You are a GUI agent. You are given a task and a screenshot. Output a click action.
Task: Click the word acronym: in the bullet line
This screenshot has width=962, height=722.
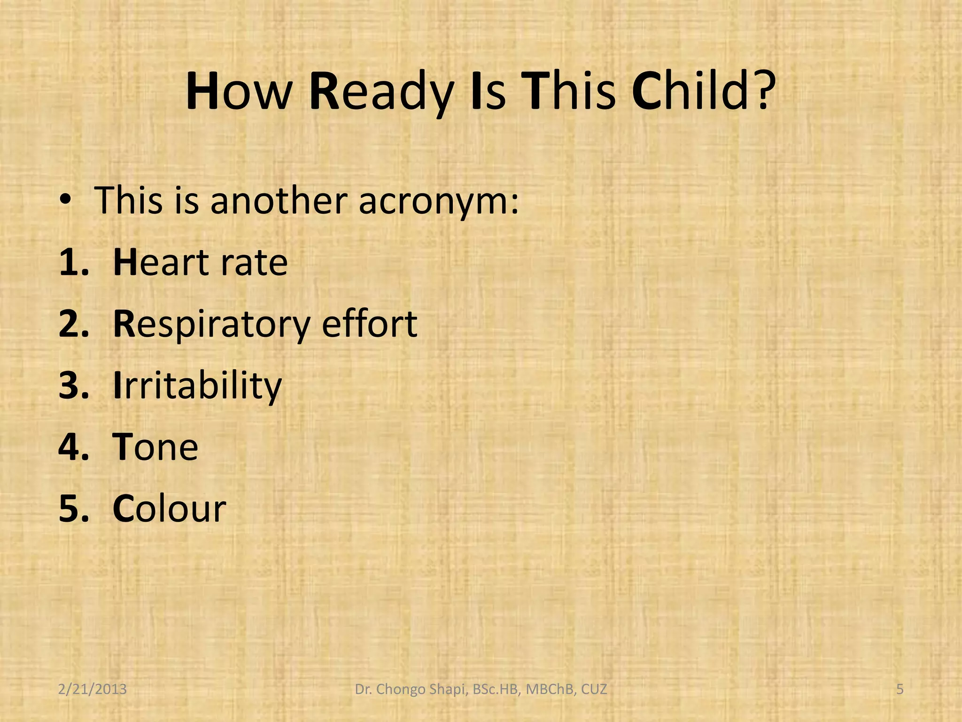pos(439,201)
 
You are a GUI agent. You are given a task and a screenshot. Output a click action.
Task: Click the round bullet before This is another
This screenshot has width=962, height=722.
pos(65,201)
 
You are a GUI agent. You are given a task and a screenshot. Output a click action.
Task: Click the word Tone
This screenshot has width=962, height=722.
pos(155,447)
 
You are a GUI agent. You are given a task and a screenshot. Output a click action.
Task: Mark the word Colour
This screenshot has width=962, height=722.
pos(170,509)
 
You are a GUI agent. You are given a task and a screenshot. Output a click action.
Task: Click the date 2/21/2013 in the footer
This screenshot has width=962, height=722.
pos(93,690)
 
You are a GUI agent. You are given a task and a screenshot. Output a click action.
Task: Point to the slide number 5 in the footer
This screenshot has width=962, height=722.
pos(900,690)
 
